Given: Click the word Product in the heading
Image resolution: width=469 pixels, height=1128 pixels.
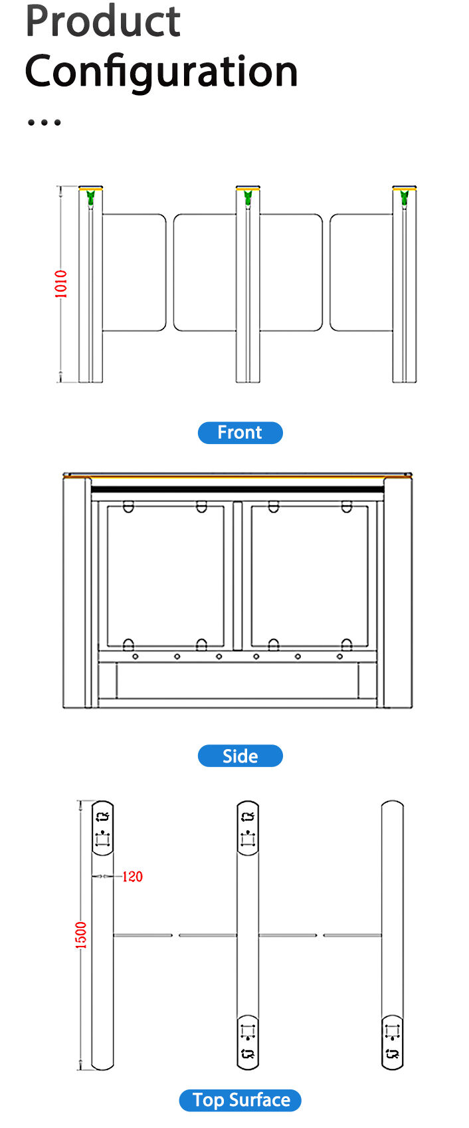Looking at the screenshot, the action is (103, 21).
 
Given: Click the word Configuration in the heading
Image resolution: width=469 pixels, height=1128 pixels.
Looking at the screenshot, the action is (161, 72).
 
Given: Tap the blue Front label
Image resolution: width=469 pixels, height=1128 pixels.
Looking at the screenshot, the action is (240, 433).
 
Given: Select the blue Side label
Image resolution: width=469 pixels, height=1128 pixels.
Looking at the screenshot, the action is (240, 755).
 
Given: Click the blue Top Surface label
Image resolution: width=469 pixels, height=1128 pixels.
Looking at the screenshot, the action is (240, 1100).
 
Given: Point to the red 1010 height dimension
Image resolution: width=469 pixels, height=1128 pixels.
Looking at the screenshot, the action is (61, 284).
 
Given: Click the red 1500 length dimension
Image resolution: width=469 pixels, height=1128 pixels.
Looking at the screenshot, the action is (81, 935).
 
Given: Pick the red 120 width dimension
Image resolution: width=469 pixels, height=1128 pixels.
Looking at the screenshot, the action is (132, 877).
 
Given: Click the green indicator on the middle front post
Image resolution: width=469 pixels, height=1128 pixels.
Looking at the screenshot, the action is (248, 197).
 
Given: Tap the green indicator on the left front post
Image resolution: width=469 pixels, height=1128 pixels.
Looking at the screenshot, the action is (90, 197).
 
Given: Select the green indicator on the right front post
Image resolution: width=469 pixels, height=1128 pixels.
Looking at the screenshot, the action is (404, 197).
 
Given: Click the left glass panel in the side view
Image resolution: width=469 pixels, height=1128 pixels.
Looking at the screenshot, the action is (165, 576).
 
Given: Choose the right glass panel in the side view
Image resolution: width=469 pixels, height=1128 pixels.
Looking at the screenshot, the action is (310, 576).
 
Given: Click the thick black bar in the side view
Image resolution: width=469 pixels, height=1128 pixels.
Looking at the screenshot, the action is (237, 489).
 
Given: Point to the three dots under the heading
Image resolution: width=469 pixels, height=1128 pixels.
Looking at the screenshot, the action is (45, 122).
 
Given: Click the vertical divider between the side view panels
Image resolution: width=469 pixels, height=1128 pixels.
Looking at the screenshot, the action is (238, 576).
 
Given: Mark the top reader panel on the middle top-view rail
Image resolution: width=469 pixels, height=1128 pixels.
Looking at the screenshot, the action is (248, 828).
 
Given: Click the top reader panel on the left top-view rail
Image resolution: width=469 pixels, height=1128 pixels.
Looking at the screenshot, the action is (103, 828).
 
